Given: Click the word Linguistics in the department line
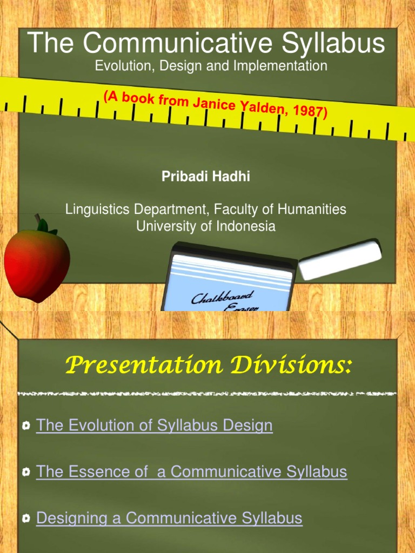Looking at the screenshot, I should pos(96,209).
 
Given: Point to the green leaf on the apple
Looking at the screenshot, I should pos(43,225).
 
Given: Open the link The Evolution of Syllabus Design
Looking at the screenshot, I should pos(154,426).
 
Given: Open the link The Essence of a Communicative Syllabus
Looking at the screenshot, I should pos(191,472).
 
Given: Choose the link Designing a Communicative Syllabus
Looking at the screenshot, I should pos(169,518).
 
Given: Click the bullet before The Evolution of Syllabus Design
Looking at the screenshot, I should pos(26,427).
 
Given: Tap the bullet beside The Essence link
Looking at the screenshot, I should pos(26,473).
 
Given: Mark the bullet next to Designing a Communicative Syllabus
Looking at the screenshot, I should pos(26,520).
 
